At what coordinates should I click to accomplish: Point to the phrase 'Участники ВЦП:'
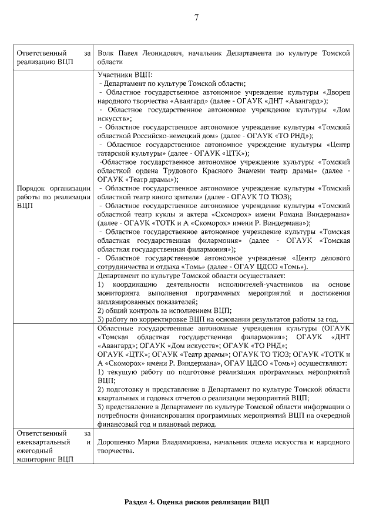(x=125, y=75)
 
